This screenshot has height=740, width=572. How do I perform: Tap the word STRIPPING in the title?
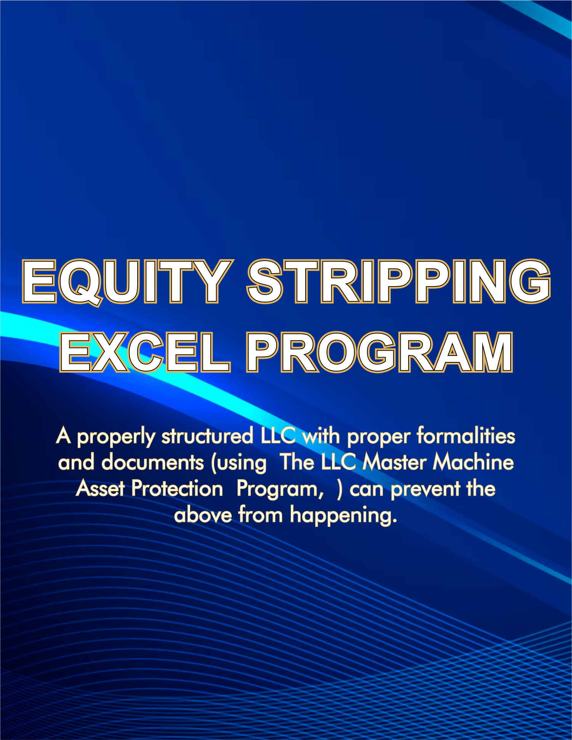pos(399,282)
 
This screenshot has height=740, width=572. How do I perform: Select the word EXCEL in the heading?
pos(145,352)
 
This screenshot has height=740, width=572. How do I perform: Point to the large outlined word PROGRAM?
pos(379,352)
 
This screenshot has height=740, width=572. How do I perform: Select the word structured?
pos(207,436)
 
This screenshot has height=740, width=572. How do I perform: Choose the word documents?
pos(152,462)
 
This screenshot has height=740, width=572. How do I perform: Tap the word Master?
pos(394,462)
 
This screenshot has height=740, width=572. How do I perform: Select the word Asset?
pos(100,489)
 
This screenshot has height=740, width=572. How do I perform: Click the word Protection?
pos(177,489)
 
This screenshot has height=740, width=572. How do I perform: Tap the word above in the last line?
pos(203,515)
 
